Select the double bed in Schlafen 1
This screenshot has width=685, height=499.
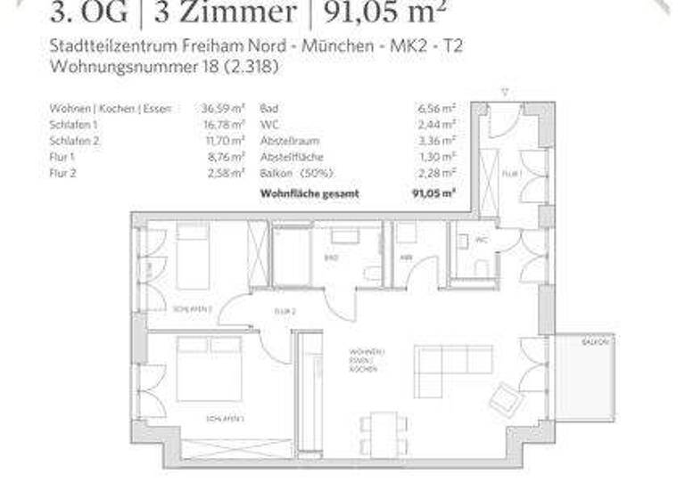click(x=209, y=368)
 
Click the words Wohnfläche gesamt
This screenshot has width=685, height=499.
click(x=296, y=192)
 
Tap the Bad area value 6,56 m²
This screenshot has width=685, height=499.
click(x=441, y=108)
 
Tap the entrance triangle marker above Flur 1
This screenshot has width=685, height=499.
click(x=505, y=91)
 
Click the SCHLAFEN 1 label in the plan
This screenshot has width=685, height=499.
click(x=225, y=417)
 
